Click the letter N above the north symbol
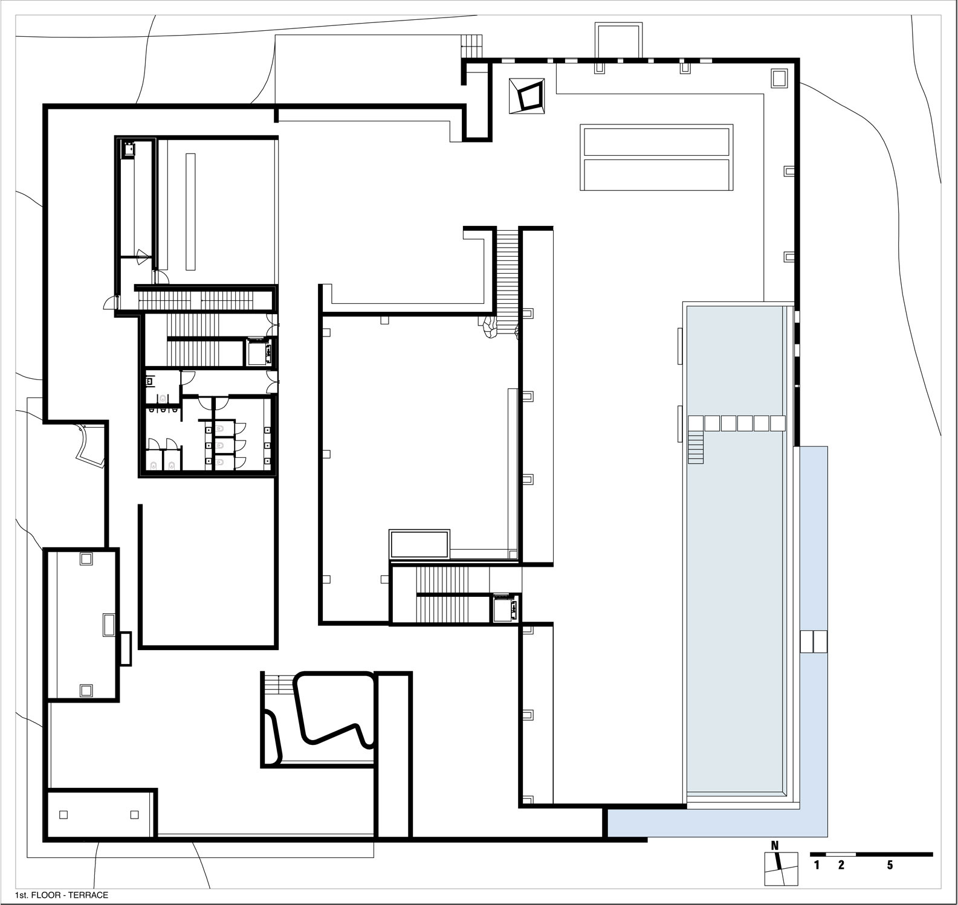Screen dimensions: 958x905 (x=775, y=845)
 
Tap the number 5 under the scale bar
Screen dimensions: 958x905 (x=890, y=865)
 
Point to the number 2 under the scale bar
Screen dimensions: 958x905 (x=841, y=865)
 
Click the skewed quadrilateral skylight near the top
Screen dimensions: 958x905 (x=529, y=96)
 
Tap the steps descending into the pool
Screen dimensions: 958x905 (x=696, y=447)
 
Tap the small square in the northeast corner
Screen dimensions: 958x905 (x=778, y=78)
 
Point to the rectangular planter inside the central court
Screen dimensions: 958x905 (x=419, y=544)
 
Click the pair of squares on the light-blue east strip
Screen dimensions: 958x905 (x=814, y=641)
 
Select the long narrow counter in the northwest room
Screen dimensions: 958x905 (x=190, y=211)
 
